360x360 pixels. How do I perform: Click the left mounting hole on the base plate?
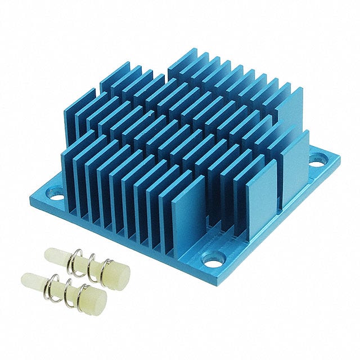pyautogui.click(x=57, y=196)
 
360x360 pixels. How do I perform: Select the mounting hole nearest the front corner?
pyautogui.click(x=214, y=260)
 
